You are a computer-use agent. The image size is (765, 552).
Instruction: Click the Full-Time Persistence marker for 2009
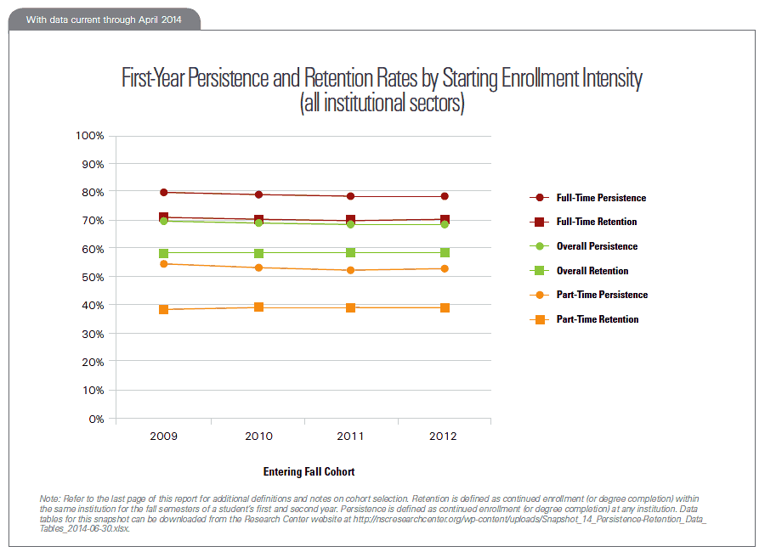click(x=163, y=193)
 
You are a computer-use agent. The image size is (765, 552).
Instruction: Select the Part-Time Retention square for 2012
click(x=445, y=307)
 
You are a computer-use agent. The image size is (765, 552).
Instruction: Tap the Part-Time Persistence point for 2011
click(x=350, y=270)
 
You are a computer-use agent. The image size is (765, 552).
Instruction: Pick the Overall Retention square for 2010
click(x=258, y=253)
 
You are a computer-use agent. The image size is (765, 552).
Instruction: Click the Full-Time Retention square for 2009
click(x=163, y=218)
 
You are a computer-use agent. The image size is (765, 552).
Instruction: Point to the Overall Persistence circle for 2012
click(x=445, y=224)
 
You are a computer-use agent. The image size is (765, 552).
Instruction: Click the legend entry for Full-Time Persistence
click(x=600, y=198)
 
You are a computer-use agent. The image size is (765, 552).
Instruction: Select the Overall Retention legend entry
click(x=592, y=271)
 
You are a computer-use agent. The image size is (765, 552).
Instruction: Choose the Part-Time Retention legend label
click(x=597, y=319)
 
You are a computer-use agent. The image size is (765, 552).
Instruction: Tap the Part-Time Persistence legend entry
click(x=601, y=295)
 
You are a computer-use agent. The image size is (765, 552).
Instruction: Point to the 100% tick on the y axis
click(x=89, y=136)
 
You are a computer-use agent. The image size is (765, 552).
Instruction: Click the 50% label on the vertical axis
click(x=92, y=278)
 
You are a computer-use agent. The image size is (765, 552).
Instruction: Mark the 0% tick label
click(x=95, y=419)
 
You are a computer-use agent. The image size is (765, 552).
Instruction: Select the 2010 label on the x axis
click(x=258, y=437)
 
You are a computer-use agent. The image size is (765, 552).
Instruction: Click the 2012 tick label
click(x=444, y=437)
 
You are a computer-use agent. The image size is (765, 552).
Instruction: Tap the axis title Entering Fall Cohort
click(x=309, y=471)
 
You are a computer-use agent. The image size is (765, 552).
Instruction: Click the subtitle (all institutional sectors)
click(x=382, y=105)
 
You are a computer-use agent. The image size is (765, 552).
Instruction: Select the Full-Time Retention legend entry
click(x=596, y=222)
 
